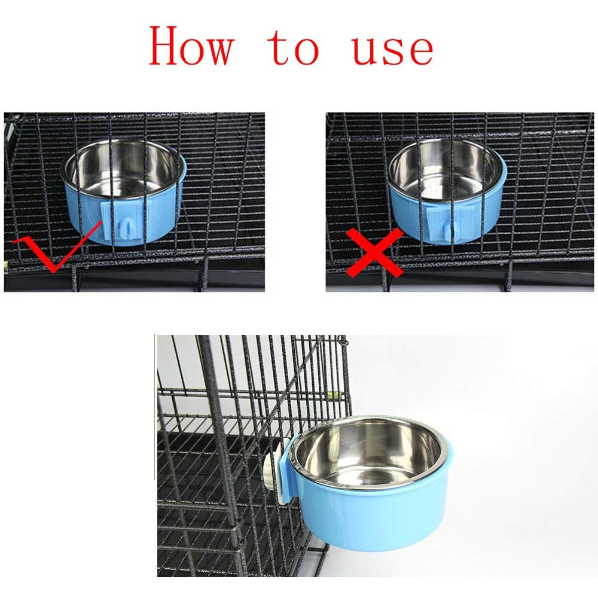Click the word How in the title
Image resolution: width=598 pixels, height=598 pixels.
191,46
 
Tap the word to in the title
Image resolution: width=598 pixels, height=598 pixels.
292,48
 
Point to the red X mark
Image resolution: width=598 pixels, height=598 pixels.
374,253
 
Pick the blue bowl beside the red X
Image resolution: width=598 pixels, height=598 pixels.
447,191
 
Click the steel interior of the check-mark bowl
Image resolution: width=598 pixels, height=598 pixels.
122,168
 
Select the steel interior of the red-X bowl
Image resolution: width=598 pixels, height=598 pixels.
445,168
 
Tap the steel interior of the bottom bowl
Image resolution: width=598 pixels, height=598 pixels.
368,454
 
